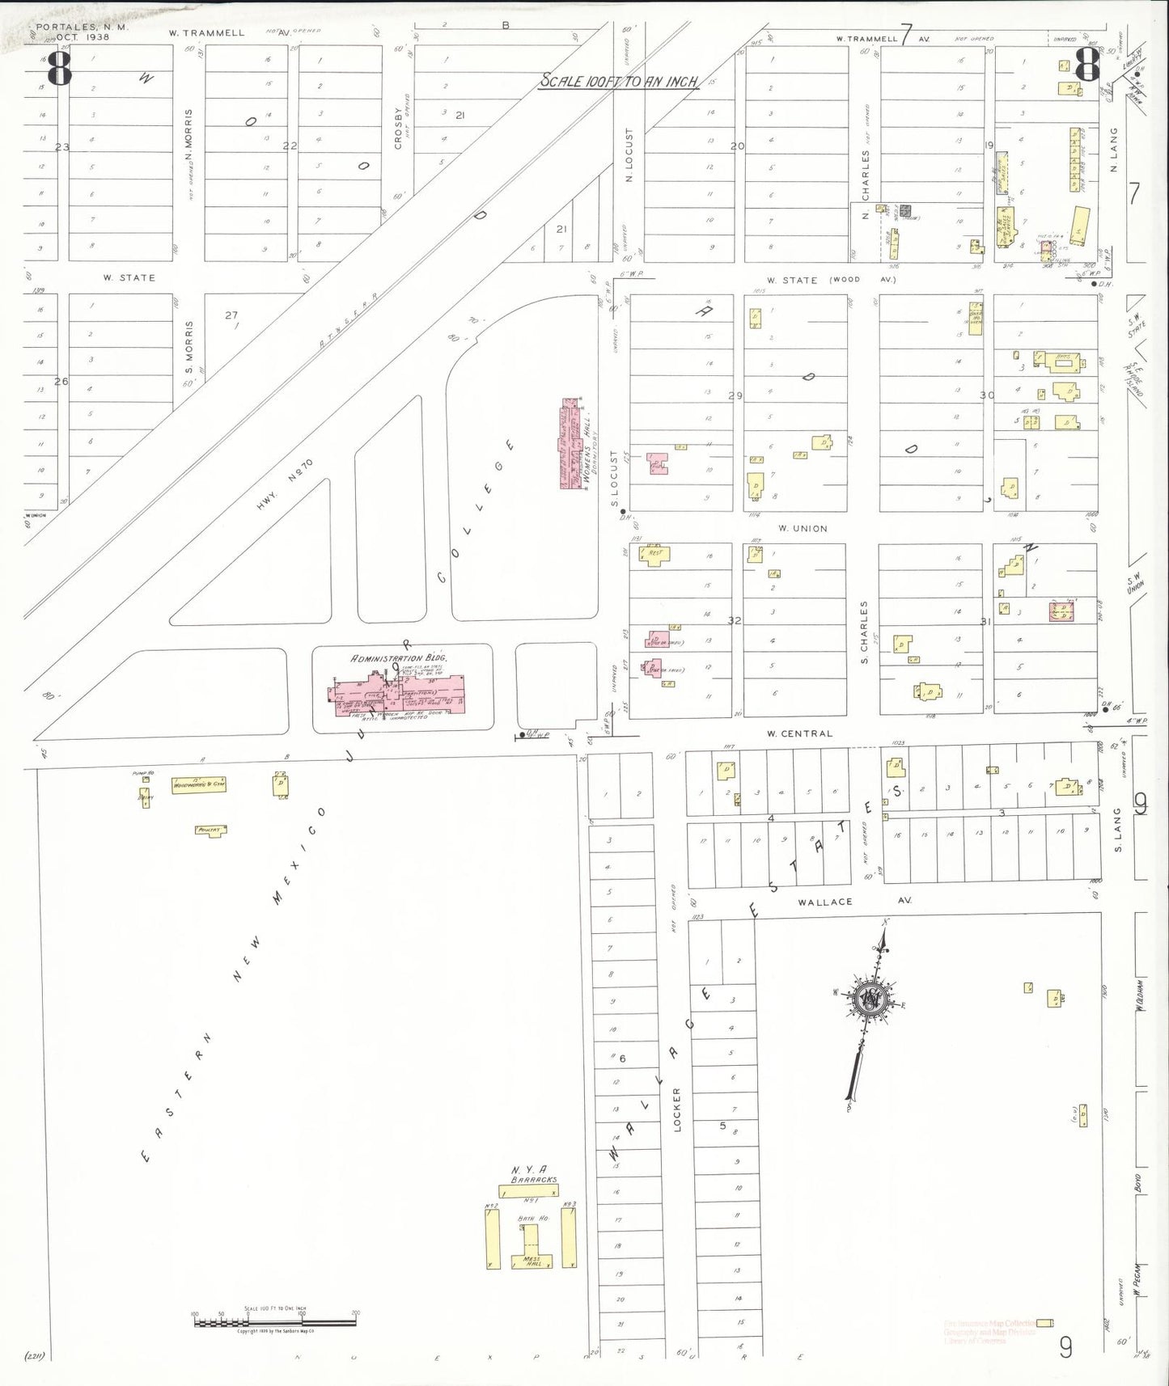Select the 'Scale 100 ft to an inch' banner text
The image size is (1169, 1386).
point(619,82)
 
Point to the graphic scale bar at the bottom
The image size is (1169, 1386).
point(275,1322)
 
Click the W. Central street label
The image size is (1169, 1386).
point(799,733)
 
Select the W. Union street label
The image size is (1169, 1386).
point(803,528)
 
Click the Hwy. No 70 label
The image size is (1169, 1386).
point(284,484)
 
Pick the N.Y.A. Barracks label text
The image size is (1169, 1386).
point(533,1174)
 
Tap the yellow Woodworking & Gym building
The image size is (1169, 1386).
point(198,784)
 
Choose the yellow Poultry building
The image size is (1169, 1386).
point(210,830)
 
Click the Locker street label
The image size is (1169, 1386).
point(677,1109)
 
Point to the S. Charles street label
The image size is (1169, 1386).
point(864,632)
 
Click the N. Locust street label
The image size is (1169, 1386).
point(629,155)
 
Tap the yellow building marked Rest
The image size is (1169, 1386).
point(654,555)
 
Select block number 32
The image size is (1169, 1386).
point(735,620)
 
